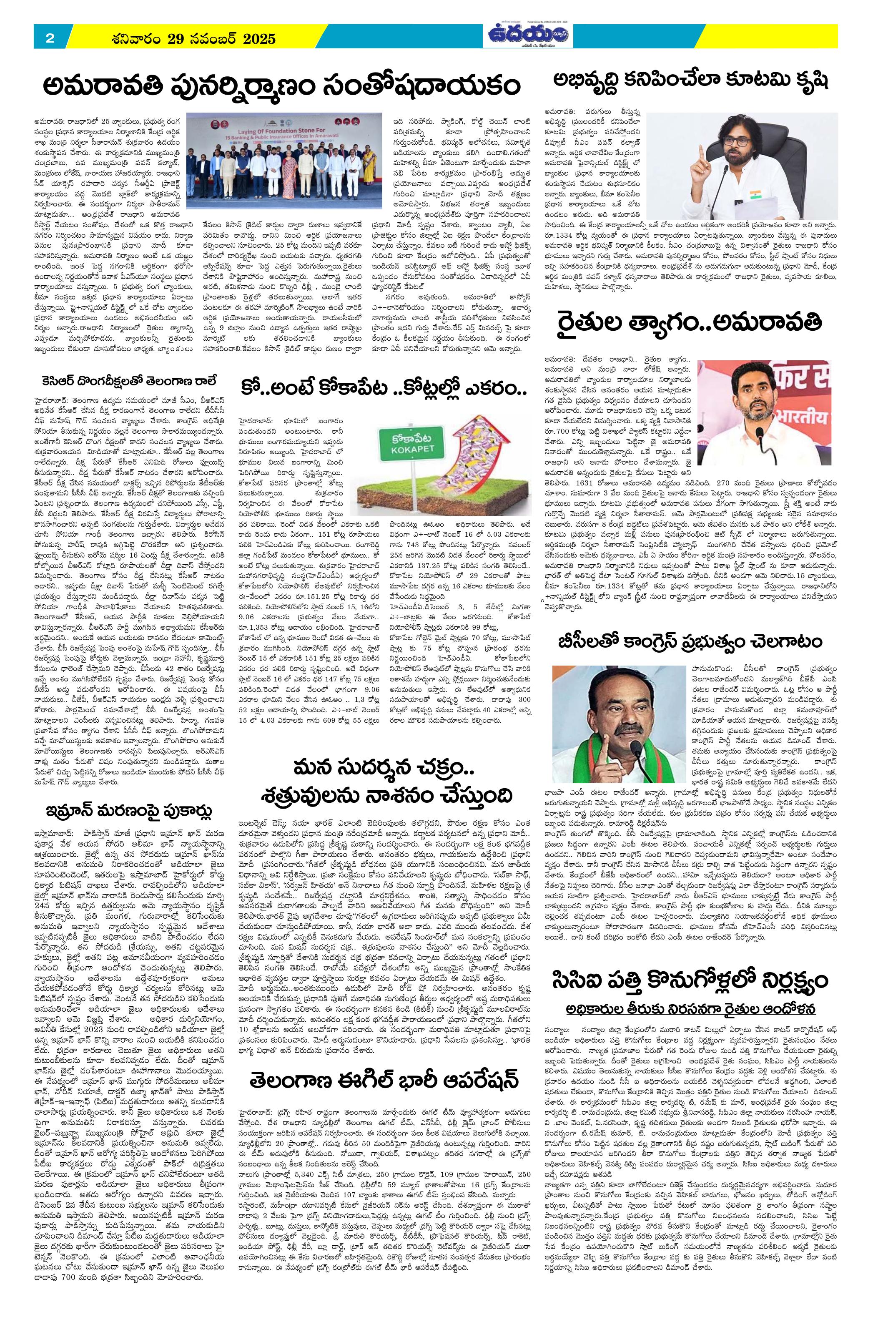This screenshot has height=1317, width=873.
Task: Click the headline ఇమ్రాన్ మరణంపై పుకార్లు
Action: tap(129, 812)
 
